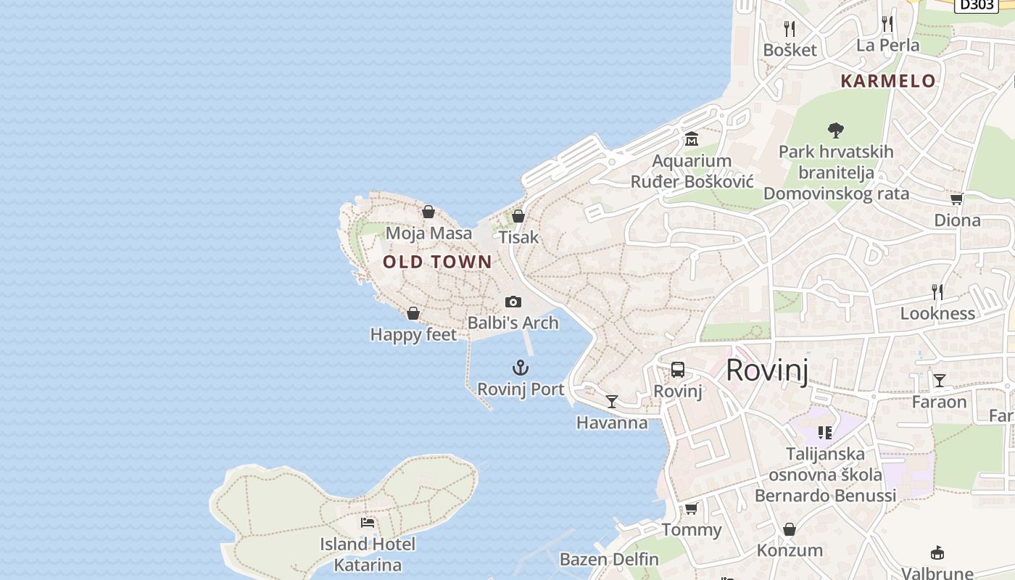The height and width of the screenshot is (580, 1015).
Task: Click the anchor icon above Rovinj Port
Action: click(x=521, y=368)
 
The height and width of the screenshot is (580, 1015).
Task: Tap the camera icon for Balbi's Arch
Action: click(x=513, y=302)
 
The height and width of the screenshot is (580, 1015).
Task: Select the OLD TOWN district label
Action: click(x=437, y=262)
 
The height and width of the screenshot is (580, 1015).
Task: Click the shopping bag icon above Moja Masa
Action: click(x=428, y=212)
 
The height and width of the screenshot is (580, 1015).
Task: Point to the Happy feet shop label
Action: click(x=413, y=334)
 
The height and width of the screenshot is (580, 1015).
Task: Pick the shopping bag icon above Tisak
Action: click(x=518, y=216)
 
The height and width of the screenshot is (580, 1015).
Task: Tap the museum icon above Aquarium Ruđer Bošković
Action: click(x=692, y=138)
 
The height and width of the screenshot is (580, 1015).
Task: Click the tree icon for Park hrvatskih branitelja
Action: click(x=836, y=130)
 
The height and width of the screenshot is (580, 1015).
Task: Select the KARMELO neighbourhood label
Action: click(x=888, y=80)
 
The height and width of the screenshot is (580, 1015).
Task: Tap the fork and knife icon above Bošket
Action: click(x=790, y=28)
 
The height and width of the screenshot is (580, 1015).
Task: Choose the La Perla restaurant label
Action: click(x=887, y=45)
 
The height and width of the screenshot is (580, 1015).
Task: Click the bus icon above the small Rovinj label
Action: click(x=678, y=370)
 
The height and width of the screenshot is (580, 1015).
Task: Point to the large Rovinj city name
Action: click(x=766, y=370)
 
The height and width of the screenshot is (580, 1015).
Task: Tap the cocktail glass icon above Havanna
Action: click(x=612, y=402)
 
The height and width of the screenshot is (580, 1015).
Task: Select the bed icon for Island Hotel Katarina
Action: click(x=368, y=522)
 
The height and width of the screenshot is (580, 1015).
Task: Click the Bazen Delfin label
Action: click(x=609, y=560)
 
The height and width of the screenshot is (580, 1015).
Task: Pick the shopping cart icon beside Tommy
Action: click(x=691, y=508)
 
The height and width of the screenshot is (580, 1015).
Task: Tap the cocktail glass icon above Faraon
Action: click(x=940, y=381)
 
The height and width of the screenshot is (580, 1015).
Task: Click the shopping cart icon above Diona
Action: click(x=956, y=199)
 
